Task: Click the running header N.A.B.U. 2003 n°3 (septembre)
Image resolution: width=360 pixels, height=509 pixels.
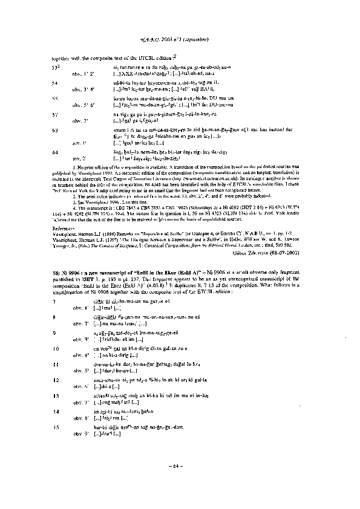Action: (180, 40)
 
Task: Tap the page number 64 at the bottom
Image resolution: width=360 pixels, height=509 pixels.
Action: (180, 465)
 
